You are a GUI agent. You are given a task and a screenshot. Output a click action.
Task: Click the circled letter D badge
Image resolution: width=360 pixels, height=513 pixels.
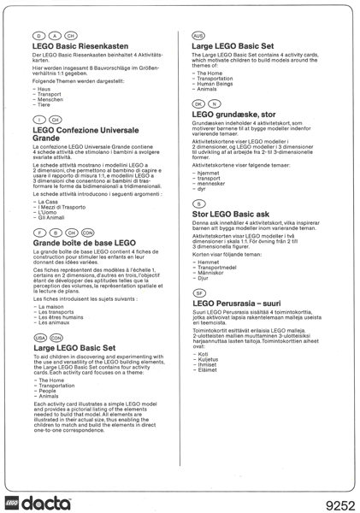[x=38, y=34]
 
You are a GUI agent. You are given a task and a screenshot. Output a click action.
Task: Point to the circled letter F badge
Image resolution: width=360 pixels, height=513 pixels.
[x=38, y=231]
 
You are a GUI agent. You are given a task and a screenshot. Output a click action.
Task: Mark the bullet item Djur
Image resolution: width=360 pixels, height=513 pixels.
[x=206, y=277]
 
